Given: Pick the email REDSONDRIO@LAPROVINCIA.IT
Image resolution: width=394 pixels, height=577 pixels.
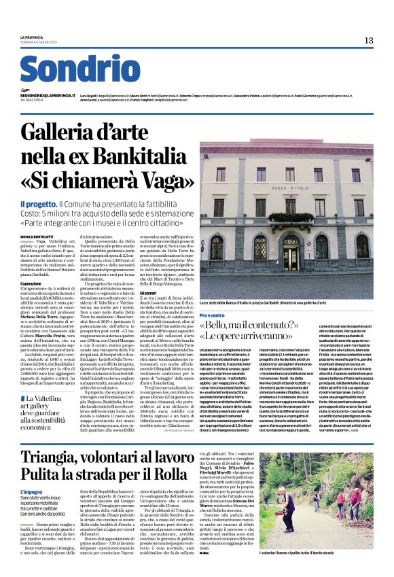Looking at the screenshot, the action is (x=49, y=97).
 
